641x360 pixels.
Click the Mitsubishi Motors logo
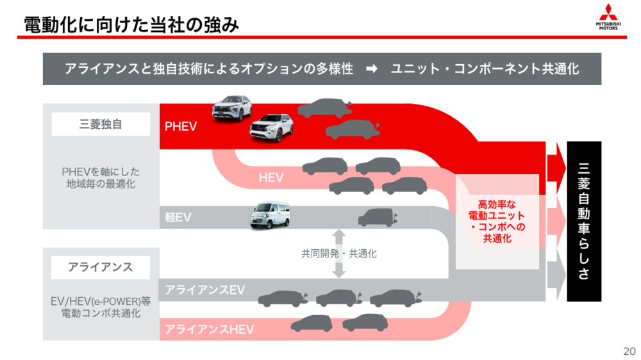[x=608, y=17]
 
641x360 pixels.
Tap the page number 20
[x=629, y=351]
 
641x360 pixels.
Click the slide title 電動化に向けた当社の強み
[x=131, y=24]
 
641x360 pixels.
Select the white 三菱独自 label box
[x=101, y=124]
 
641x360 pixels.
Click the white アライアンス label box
[x=100, y=267]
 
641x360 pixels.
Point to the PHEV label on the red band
[x=181, y=126]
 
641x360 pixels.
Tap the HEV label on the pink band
[x=271, y=177]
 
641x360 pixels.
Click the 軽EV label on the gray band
[x=178, y=217]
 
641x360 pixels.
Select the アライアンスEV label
[x=205, y=290]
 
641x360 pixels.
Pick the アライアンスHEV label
[x=210, y=329]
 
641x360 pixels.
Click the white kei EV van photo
[x=271, y=215]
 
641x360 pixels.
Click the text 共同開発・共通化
[x=339, y=254]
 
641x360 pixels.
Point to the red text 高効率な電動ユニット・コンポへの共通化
[x=497, y=221]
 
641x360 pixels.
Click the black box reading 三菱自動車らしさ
[x=584, y=222]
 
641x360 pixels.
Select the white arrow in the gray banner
[x=372, y=69]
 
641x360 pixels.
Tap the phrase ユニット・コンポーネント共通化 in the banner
[x=485, y=69]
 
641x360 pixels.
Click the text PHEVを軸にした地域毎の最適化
[x=101, y=177]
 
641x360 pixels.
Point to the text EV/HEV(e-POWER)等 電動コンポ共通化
[x=101, y=307]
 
